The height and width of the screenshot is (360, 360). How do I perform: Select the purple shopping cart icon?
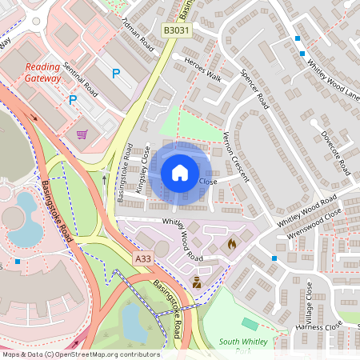coord(82,134)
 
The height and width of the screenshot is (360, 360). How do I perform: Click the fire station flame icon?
coord(232,243)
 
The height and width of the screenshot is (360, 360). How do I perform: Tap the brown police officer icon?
coord(196,282)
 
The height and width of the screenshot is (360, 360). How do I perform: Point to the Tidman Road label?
coord(136,31)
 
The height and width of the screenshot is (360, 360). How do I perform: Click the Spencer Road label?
coord(254,90)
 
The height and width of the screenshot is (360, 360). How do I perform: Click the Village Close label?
coord(309,300)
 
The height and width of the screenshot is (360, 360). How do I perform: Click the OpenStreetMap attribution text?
coord(80,354)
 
